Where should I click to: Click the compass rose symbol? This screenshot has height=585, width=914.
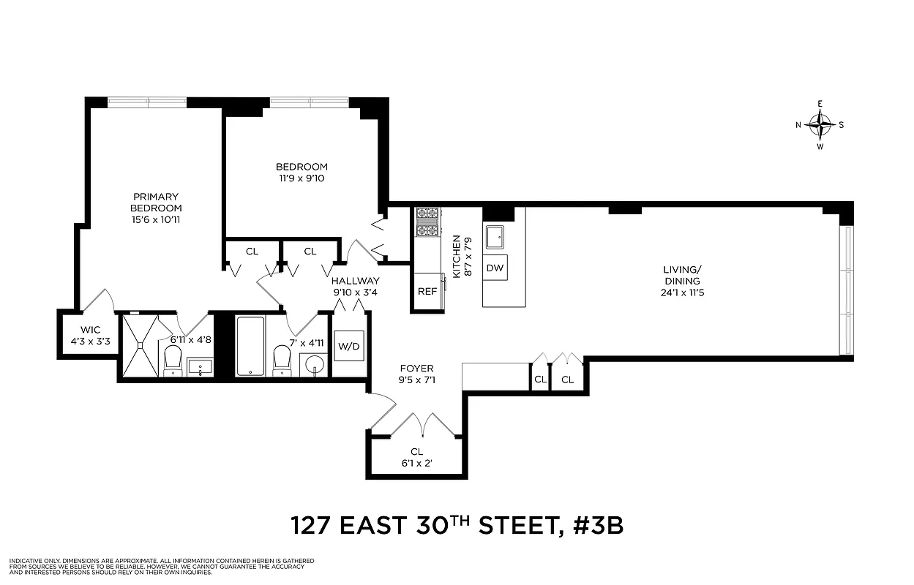820,125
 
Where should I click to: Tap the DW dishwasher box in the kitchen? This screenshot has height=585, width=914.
495,268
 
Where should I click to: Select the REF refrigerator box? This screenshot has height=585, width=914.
427,291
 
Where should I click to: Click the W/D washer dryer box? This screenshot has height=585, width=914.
348,346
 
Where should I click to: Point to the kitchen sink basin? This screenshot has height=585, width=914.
496,235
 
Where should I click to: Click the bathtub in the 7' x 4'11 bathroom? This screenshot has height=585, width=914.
251,345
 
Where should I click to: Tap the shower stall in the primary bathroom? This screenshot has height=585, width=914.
139,345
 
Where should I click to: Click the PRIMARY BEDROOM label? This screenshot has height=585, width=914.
156,202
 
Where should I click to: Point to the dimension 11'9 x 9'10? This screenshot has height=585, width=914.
301,178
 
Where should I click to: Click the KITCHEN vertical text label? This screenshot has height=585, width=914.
457,256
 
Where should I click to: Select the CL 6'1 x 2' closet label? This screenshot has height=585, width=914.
416,457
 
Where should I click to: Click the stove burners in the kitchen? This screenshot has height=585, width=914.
427,223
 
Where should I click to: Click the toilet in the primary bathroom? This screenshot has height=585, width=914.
173,359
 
